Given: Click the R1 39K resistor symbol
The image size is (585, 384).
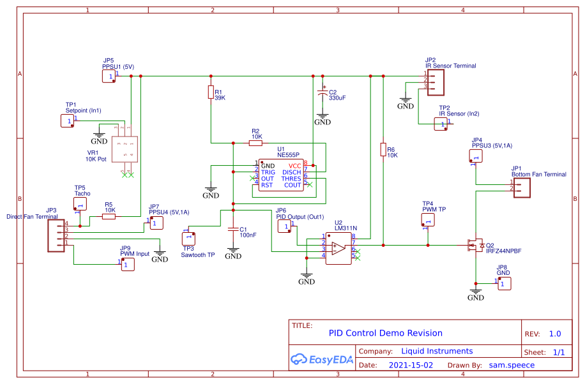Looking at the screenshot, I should (211, 93).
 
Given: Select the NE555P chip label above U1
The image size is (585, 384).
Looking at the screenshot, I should (288, 155).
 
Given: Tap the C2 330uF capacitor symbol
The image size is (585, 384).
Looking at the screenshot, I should (323, 93).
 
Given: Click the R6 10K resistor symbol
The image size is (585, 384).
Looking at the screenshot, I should (383, 150).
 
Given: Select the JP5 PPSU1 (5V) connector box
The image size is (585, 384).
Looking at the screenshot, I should (110, 76).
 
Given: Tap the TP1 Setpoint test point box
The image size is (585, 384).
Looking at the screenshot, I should (68, 121).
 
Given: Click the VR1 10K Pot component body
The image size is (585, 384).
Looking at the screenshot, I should (125, 150).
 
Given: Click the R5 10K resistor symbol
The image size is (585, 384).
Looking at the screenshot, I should (109, 216).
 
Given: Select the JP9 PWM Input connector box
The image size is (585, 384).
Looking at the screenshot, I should (128, 264).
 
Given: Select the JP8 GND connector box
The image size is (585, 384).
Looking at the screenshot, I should (504, 283).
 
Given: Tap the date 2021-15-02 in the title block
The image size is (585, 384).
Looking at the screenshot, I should (410, 366).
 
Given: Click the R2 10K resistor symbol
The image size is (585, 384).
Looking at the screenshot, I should (255, 144).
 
